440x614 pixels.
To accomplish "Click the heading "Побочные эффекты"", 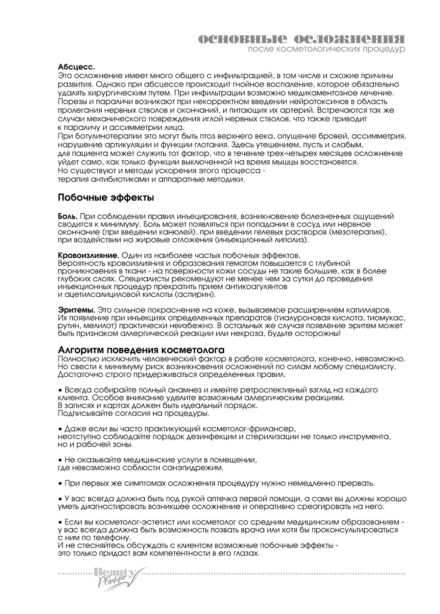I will coord(106,198).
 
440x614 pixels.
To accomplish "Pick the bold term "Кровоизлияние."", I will coord(89,255).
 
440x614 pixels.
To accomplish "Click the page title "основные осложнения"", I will coord(301,39).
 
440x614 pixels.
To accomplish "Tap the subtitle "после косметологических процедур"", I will coord(326,50).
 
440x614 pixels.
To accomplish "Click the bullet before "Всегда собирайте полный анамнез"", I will coord(60,390).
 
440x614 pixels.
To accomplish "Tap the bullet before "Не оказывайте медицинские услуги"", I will coord(60,460).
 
